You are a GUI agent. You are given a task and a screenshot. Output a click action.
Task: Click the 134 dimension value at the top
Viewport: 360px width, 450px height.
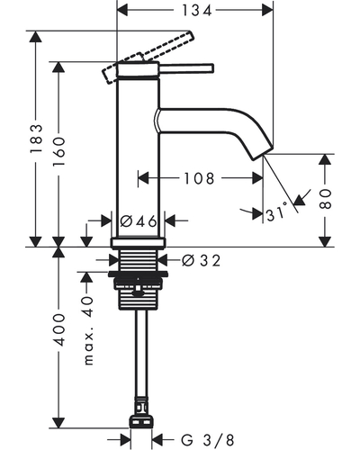197,11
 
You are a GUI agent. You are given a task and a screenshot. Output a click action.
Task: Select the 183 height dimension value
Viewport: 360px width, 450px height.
36,139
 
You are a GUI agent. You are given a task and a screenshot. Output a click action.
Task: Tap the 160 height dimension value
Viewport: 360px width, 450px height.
58,152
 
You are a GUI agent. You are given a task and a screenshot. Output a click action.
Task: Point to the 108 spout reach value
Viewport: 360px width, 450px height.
199,178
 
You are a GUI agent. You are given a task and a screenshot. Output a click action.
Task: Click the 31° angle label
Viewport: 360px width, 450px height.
276,213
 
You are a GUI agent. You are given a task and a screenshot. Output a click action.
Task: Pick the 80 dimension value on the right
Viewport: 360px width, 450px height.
326,199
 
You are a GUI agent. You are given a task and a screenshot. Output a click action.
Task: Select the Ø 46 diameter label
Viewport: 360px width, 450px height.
139,221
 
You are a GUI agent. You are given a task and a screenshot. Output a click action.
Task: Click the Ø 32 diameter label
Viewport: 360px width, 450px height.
201,260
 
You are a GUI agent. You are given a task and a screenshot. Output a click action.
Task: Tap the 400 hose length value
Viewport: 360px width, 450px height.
58,329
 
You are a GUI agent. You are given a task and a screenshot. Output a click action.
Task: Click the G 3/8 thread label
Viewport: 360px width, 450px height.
207,440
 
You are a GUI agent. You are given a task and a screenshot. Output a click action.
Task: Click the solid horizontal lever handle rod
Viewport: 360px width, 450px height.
186,68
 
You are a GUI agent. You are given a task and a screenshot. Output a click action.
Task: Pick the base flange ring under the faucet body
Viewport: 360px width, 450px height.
139,243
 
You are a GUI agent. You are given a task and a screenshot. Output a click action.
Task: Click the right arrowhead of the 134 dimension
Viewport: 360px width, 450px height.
267,11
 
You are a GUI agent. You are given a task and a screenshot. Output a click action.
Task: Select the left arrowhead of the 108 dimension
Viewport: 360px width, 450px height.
143,178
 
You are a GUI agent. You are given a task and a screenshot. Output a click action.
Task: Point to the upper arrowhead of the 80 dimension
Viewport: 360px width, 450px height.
326,159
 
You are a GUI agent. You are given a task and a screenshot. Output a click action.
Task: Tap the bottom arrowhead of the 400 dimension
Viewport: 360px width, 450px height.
58,423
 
